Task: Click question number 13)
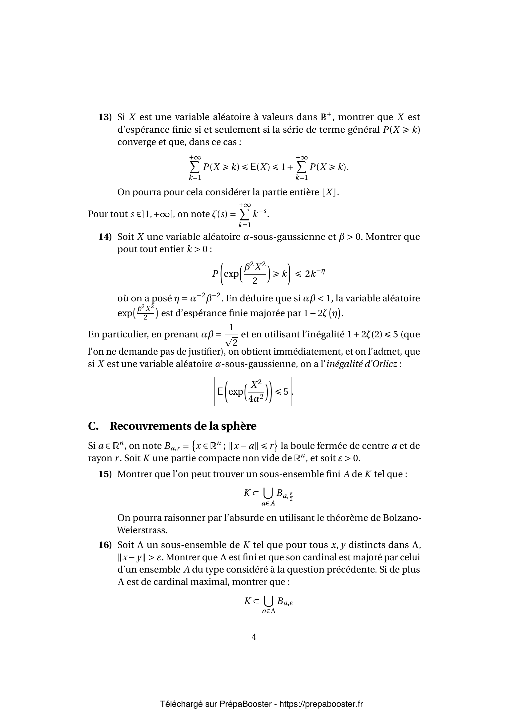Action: (x=105, y=117)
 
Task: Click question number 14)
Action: (x=105, y=237)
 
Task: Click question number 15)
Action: (x=105, y=474)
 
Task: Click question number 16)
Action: (x=105, y=545)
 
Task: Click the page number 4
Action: (x=254, y=637)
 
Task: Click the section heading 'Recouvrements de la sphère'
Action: (x=183, y=426)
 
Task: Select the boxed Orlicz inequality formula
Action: (x=253, y=391)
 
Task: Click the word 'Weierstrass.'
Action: (x=142, y=530)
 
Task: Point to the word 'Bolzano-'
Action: (x=403, y=518)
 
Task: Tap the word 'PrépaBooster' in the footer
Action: (x=245, y=704)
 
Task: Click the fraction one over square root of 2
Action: (x=231, y=335)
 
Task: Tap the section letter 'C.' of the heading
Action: (x=94, y=426)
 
